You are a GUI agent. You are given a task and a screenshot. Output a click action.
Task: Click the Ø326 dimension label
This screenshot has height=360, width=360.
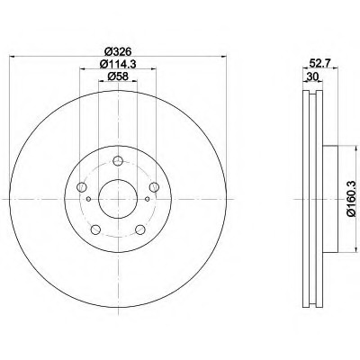pos(118,51)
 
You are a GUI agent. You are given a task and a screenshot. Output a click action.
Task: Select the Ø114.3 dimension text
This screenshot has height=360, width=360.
pos(118,64)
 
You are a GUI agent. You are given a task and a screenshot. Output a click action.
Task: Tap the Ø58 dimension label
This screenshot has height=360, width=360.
pos(118,76)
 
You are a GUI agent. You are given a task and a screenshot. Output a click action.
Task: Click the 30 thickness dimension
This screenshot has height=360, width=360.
pos(312,76)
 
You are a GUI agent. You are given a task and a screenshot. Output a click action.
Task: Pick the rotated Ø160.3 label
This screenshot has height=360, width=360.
pos(351,198)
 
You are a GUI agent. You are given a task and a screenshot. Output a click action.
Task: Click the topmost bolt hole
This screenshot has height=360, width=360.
pos(118,161)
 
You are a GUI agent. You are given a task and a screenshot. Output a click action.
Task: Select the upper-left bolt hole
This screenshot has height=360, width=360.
pos(82,187)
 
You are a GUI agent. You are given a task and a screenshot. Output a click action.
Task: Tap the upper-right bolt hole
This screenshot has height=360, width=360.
pos(154,187)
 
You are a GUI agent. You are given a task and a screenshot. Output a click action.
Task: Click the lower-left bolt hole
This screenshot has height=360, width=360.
pos(95,229)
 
